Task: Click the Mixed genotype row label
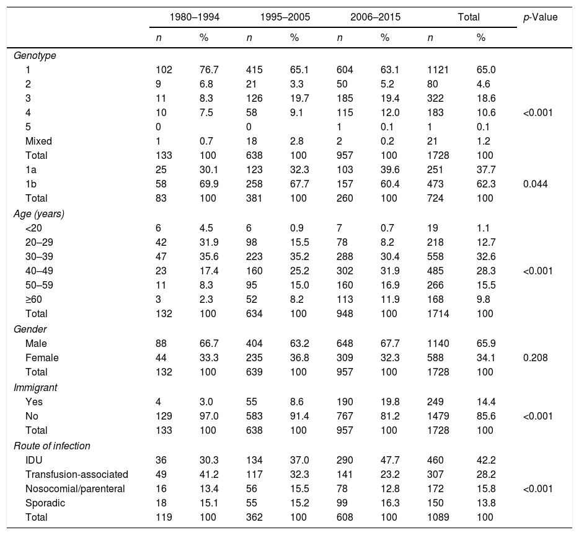(x=38, y=141)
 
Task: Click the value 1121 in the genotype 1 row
(x=437, y=70)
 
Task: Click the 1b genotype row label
(x=31, y=184)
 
